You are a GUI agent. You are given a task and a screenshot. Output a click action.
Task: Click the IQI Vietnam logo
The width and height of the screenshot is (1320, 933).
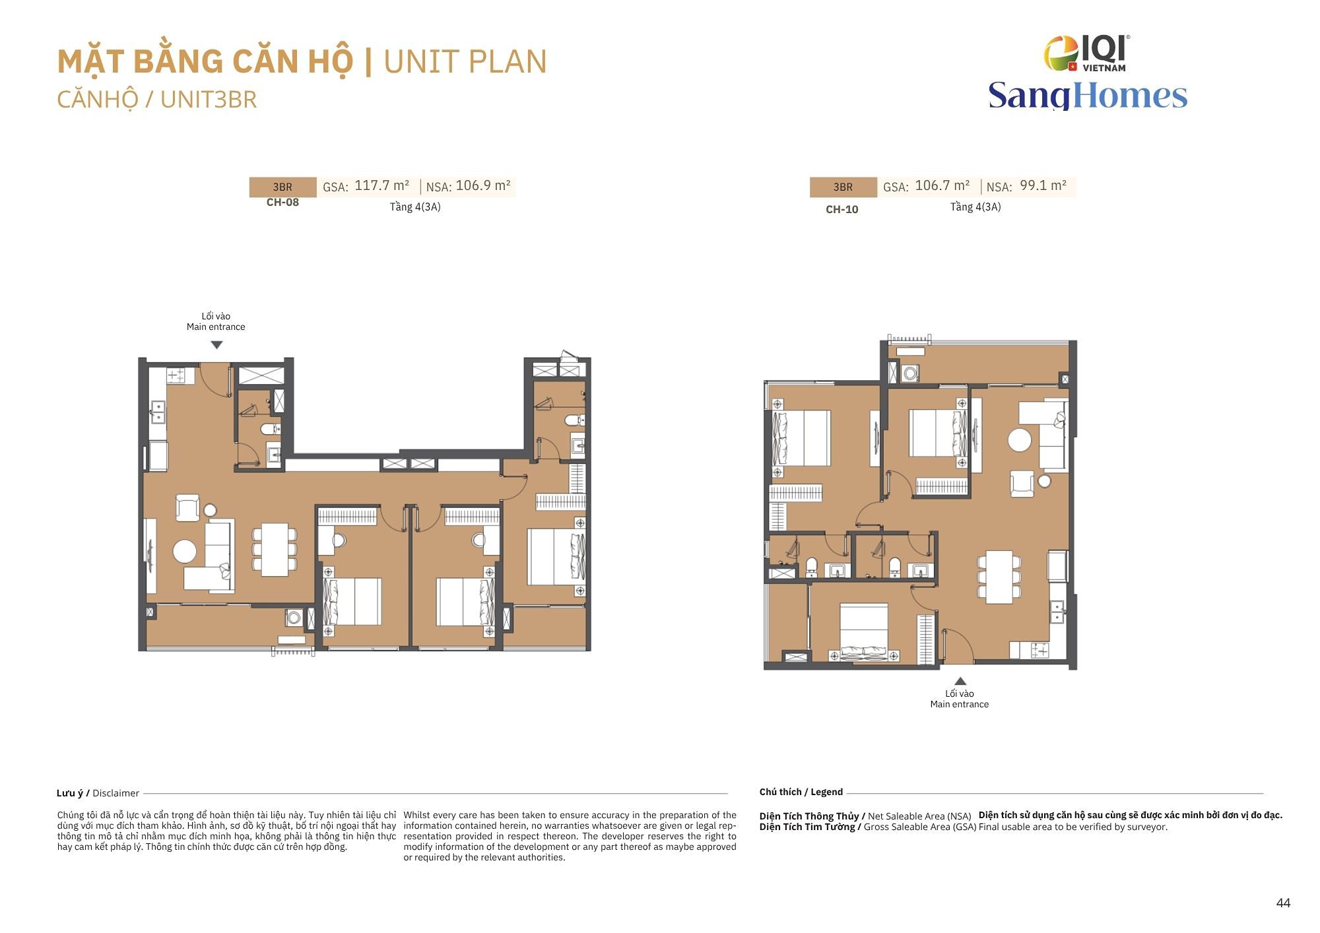[x=1087, y=53]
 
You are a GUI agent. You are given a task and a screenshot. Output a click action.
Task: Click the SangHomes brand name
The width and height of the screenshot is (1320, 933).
[x=1088, y=95]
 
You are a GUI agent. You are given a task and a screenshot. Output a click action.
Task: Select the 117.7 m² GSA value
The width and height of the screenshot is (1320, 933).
[x=381, y=185]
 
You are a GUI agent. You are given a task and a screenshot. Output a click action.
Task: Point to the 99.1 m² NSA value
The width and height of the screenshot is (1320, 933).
[x=1043, y=185]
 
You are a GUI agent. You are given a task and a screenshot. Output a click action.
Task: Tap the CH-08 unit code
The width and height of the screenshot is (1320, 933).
[x=282, y=203]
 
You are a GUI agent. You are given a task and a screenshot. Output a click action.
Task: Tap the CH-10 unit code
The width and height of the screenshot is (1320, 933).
[x=842, y=210]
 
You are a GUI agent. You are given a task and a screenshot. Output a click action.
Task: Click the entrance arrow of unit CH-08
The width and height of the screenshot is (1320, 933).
[x=216, y=344]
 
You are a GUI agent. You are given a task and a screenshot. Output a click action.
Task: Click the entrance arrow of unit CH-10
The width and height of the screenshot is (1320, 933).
[x=960, y=681]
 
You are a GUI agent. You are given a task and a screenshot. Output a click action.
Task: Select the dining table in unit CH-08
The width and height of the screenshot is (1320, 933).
[x=275, y=550]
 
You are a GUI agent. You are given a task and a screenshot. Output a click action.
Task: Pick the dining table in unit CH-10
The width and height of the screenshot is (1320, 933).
[x=999, y=577]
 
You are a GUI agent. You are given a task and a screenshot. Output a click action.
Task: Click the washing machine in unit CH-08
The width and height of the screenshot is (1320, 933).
[x=294, y=618]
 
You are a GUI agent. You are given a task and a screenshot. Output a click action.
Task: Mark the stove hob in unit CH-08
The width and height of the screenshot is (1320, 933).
[x=176, y=375]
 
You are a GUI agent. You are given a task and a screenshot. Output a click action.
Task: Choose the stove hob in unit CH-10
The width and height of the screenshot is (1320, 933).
[x=1039, y=650]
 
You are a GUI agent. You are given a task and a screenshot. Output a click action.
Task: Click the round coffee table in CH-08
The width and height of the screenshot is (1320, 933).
[x=185, y=551]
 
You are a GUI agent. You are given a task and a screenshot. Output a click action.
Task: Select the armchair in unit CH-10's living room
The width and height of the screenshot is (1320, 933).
[x=1022, y=483]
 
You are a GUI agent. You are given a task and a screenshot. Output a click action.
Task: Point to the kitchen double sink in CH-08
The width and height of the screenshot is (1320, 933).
[x=158, y=412]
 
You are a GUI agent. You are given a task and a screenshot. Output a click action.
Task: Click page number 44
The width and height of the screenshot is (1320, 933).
[x=1283, y=903]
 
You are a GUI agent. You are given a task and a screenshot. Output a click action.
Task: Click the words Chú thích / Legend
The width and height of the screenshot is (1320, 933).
[x=801, y=792]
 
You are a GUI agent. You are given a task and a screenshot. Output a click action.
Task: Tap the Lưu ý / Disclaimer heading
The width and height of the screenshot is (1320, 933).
[x=98, y=793]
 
